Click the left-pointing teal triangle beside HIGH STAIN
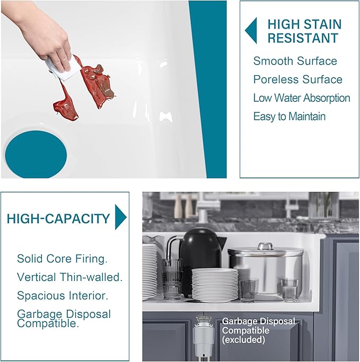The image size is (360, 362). click(x=252, y=31)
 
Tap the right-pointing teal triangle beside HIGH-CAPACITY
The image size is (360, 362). click(x=120, y=217)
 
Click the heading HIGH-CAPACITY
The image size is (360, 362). click(x=58, y=219)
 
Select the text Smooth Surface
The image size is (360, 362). click(x=295, y=61)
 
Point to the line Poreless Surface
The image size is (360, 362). click(x=298, y=80)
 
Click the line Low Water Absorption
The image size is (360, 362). click(x=302, y=98)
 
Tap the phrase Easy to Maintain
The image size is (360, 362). click(x=289, y=117)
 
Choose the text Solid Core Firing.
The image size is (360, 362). click(x=63, y=259)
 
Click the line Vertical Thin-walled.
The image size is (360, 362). click(x=69, y=277)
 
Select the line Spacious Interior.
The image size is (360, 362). click(x=63, y=296)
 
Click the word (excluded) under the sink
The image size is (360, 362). click(x=243, y=340)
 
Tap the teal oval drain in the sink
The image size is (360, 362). click(x=36, y=154)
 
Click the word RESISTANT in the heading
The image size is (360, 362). click(x=303, y=38)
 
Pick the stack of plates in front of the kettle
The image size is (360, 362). click(x=215, y=285)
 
